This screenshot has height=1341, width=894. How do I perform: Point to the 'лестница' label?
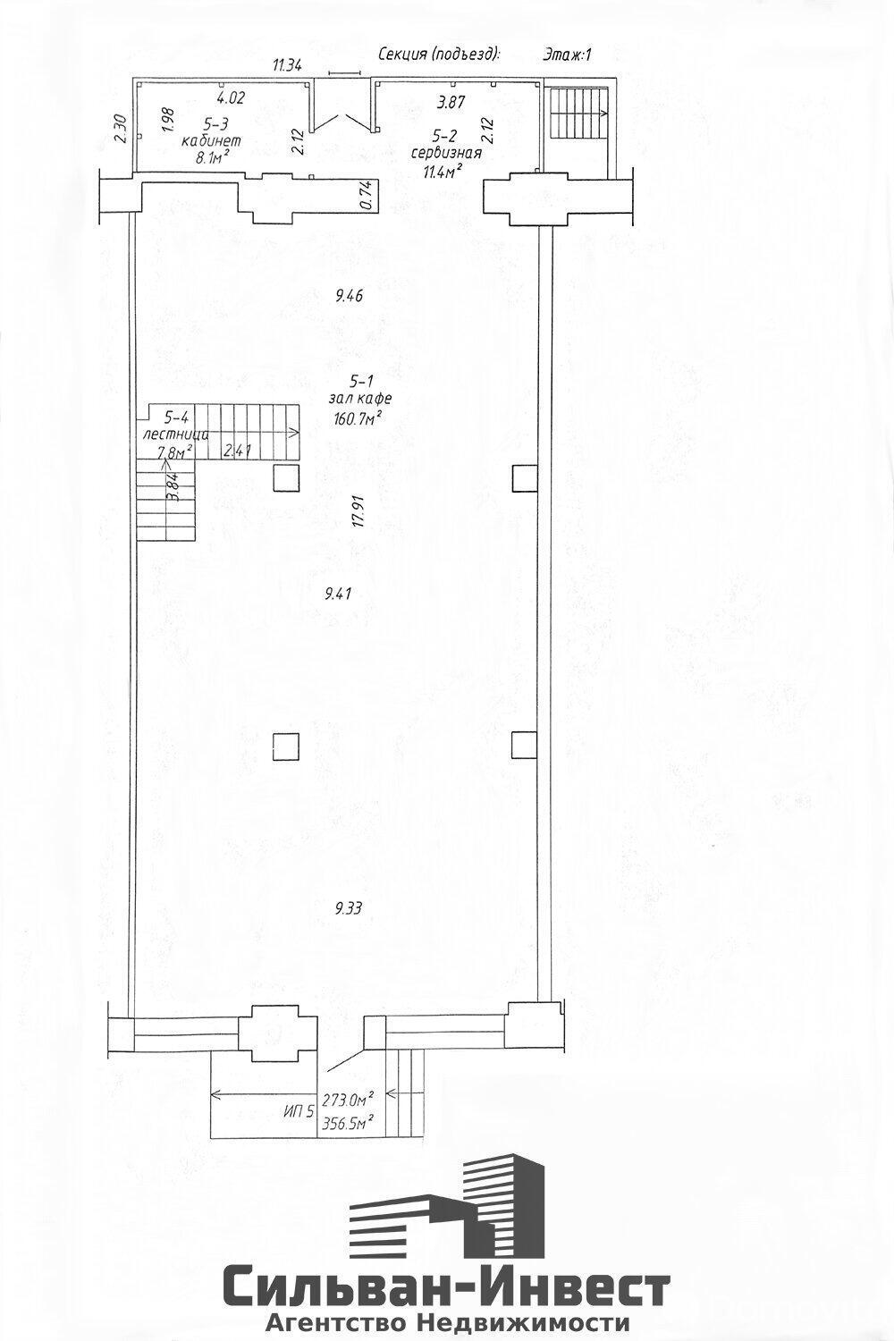pos(176,434)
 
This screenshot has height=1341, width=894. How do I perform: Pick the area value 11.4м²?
pos(442,169)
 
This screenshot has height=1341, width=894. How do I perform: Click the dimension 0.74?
pos(364,196)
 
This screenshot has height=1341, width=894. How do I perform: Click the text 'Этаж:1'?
pos(567,55)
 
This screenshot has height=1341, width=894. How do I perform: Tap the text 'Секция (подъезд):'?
pos(438,55)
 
